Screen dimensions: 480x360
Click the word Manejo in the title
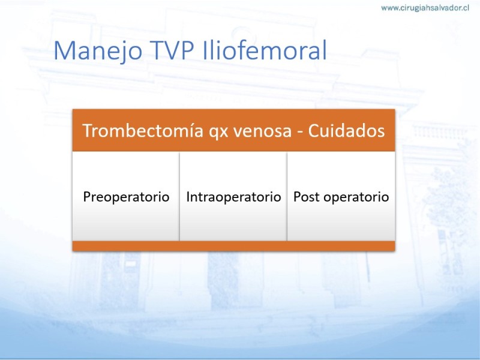pos(98,51)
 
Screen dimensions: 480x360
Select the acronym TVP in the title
pos(172,50)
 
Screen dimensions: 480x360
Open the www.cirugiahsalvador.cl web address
pos(425,8)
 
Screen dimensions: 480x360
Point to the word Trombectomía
pos(143,130)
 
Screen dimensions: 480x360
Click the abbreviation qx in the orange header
pos(218,132)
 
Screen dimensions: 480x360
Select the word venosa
pos(262,131)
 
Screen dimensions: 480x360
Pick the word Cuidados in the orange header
pos(346,130)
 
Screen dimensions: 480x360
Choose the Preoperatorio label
pos(126,197)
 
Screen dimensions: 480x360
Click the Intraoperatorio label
pos(233,197)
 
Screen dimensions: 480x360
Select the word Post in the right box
pos(306,197)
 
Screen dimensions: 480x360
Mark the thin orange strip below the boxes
pos(233,246)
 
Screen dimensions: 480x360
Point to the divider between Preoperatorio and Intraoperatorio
pos(179,196)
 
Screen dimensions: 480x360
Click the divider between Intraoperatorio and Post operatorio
pos(287,196)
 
